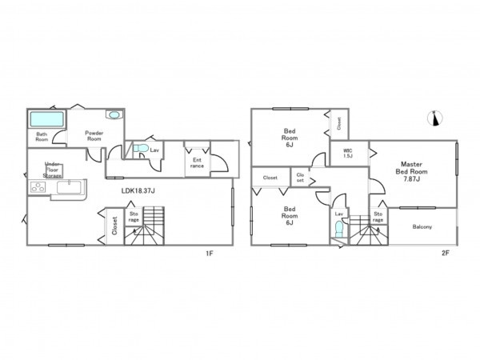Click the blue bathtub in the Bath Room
coord(47,119)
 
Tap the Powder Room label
coord(94,136)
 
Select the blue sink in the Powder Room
coord(114,114)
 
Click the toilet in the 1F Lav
coord(141,148)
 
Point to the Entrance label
coord(197,163)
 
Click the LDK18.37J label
coord(138,190)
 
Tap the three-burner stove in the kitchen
coord(38,187)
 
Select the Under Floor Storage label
coord(52,170)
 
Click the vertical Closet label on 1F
coord(114,226)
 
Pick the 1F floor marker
coord(210,254)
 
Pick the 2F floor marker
coord(445,254)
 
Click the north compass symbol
coord(435,118)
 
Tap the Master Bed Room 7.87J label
coord(411,172)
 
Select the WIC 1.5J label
coord(348,154)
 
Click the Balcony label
coord(422,227)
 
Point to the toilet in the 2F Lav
coord(339,229)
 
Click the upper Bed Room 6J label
coord(290,138)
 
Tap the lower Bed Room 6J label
coord(290,216)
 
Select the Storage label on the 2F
coord(378,217)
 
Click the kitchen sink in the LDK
coord(69,187)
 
